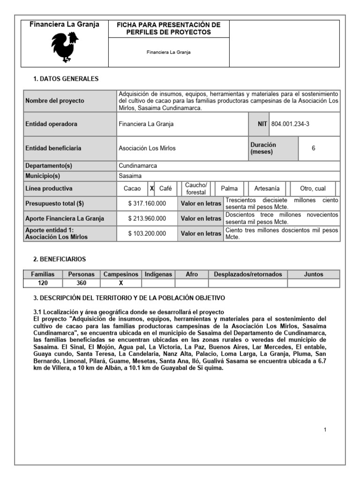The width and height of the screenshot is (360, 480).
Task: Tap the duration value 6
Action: coord(313,148)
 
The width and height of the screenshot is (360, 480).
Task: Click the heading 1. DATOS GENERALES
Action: coord(66,79)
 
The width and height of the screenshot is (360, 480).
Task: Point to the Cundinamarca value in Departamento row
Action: coord(138,166)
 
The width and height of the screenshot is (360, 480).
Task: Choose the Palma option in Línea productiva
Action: coord(229,188)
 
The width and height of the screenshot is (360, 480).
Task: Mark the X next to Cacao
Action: coord(151,188)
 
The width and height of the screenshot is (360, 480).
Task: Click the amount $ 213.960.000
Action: coord(147,218)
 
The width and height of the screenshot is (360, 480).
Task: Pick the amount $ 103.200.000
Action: coord(147,233)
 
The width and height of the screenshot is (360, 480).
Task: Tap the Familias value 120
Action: coord(43,283)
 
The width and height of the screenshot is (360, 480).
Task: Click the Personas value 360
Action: coord(82,283)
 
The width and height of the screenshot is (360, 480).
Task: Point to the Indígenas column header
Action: coord(158,274)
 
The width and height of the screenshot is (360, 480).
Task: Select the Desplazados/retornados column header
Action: coord(248,274)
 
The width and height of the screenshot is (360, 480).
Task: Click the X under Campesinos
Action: coord(120,283)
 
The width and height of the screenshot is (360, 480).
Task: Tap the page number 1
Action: coord(325,430)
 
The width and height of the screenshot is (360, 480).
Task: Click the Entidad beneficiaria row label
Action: coord(53,148)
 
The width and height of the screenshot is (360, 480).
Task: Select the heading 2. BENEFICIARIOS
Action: coord(60,259)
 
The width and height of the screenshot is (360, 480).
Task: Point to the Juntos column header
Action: coord(314,274)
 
